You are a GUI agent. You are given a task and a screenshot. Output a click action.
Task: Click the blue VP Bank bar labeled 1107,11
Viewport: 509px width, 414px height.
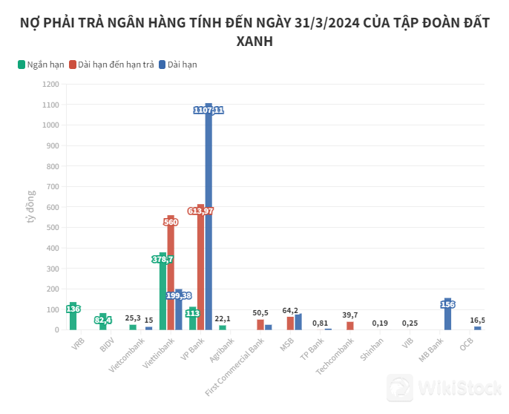tap(208, 223)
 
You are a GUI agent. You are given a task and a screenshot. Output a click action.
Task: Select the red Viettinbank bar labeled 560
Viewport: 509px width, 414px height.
tap(171, 275)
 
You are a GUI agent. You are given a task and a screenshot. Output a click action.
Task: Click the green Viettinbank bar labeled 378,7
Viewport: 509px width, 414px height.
tap(162, 292)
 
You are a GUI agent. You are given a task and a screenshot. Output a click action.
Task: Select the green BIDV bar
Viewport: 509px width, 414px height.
tap(102, 321)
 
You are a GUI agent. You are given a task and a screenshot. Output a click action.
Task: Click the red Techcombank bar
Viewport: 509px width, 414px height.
tap(350, 326)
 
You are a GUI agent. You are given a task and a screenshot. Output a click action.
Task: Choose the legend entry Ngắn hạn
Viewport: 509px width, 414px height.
tap(41, 65)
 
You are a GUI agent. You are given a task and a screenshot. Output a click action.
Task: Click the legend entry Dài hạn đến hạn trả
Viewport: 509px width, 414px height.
tap(111, 65)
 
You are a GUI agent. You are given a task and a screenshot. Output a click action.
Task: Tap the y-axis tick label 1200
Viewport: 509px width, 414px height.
tap(50, 85)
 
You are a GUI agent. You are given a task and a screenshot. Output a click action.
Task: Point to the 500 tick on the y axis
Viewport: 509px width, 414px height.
tap(53, 228)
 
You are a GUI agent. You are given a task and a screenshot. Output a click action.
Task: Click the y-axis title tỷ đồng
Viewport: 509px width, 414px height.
tap(31, 207)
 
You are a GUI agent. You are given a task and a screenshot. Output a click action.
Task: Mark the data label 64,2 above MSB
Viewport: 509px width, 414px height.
tap(290, 311)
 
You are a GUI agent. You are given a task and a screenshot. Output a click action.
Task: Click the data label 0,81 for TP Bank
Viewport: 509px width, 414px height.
tap(320, 323)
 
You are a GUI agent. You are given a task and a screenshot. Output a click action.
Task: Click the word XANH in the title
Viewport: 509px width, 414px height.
tap(254, 42)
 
